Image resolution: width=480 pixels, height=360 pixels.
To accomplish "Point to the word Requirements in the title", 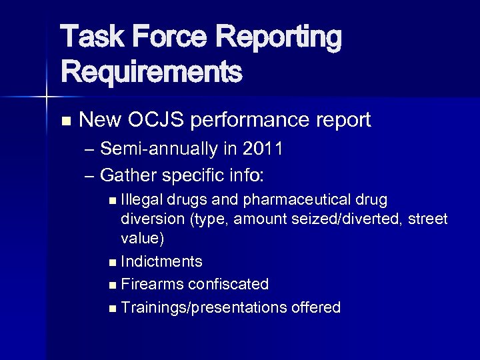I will (151, 71).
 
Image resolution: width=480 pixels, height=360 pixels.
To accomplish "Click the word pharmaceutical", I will (300, 200).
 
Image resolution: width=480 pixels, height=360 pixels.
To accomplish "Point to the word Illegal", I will (142, 200).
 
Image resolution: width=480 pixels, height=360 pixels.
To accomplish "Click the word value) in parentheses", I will (142, 238).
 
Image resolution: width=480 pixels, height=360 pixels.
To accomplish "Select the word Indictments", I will (162, 261).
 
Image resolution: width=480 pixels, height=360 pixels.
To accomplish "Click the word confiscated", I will (228, 285).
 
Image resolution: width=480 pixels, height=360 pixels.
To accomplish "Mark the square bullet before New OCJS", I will (65, 121).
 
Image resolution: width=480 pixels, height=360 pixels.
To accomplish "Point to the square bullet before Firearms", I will (111, 285).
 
